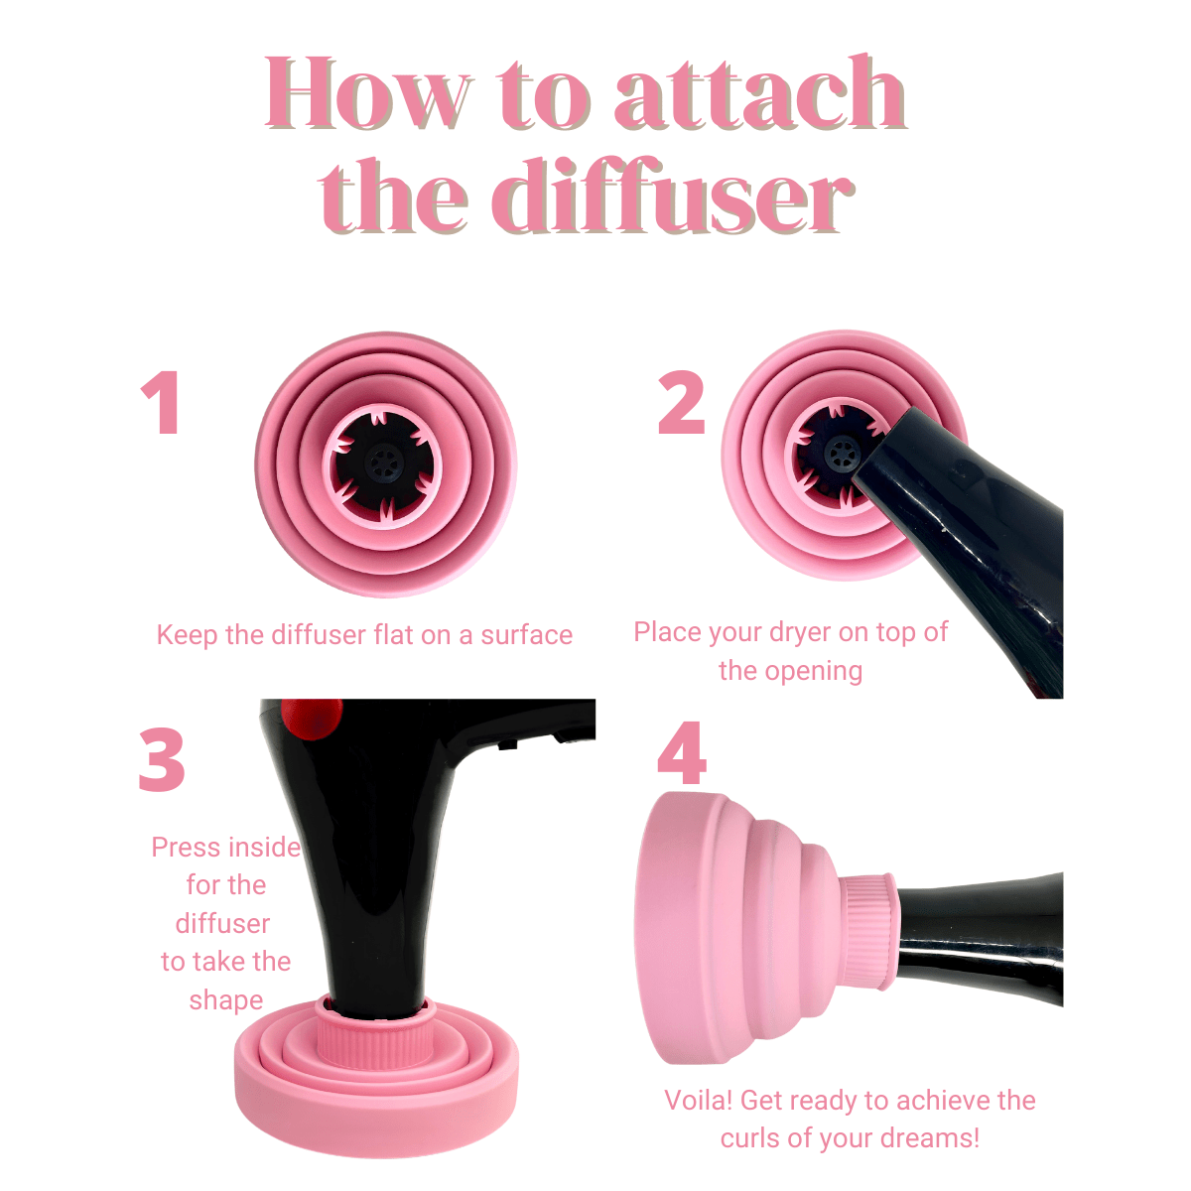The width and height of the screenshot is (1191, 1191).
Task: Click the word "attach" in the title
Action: [758, 93]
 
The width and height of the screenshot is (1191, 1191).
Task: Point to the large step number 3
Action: [162, 759]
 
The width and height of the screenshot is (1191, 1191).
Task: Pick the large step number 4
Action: [683, 753]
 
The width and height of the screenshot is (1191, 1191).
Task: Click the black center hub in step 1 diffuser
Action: [384, 461]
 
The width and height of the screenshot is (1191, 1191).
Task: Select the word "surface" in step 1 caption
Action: [526, 635]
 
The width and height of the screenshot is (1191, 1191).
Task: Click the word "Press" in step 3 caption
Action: [186, 848]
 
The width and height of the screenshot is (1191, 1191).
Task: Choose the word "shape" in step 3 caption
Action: [225, 999]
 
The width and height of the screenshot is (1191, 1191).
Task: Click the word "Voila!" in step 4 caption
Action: [699, 1101]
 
